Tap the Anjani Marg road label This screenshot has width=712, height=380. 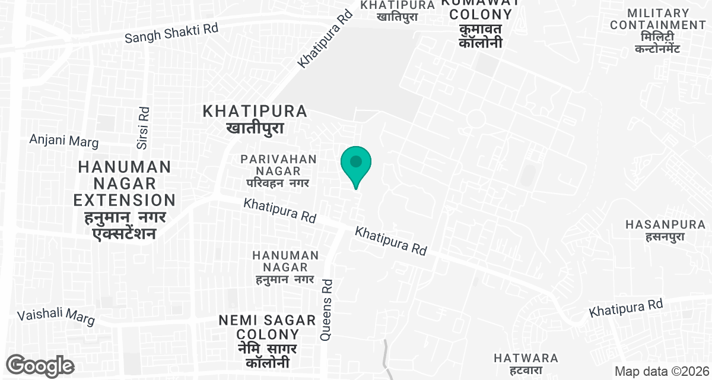click(64, 141)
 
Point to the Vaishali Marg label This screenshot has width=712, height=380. click(56, 317)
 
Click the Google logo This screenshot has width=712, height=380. click(40, 365)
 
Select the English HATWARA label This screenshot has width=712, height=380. click(526, 358)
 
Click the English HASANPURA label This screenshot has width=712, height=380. click(666, 224)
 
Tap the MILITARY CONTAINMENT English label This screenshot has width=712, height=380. click(658, 19)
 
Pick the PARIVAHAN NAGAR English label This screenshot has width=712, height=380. click(279, 165)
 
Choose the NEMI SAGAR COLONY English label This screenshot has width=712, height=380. click(267, 327)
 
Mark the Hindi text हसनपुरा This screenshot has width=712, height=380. click(666, 237)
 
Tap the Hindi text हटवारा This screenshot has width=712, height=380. click(526, 370)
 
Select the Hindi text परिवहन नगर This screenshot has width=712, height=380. click(279, 183)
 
